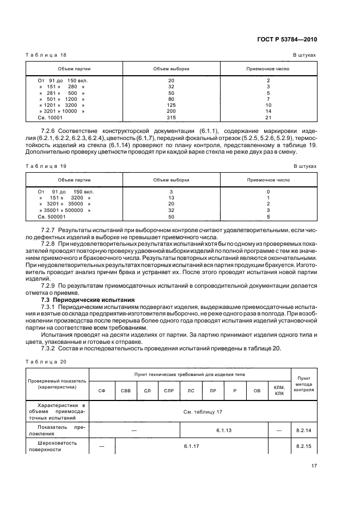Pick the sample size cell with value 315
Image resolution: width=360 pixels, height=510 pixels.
click(x=171, y=117)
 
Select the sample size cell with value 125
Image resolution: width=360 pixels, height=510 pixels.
click(x=171, y=105)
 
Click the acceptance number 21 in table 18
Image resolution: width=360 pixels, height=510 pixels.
click(x=268, y=117)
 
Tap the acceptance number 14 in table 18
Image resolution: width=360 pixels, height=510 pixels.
click(x=268, y=111)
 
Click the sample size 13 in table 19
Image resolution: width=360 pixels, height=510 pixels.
click(x=171, y=198)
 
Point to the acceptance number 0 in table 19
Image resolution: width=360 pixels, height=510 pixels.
click(x=268, y=192)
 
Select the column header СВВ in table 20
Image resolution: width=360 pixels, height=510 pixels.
click(x=126, y=391)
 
